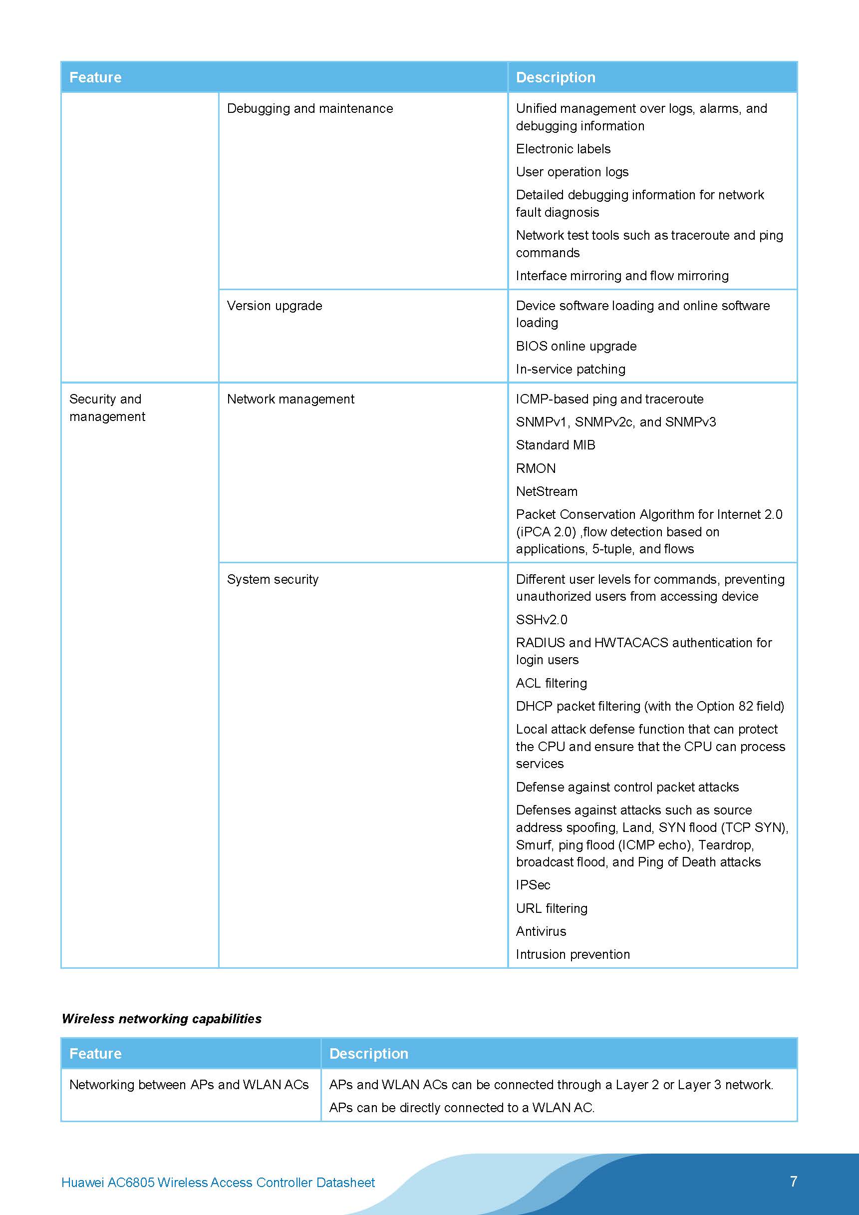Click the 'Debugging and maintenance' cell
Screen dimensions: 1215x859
[309, 108]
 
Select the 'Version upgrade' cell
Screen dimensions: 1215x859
[274, 306]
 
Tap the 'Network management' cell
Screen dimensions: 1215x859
[290, 399]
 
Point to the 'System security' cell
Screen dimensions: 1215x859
[273, 579]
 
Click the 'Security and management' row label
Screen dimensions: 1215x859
[107, 407]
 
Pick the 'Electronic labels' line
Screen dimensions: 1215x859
[563, 149]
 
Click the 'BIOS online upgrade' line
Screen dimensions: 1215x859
[576, 346]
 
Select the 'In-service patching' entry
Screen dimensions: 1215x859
[570, 370]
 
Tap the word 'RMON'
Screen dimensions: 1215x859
[535, 468]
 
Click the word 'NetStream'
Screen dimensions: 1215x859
[547, 491]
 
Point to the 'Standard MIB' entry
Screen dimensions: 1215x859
[556, 445]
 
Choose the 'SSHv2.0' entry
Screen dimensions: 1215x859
[541, 620]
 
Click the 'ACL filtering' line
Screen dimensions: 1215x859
[551, 683]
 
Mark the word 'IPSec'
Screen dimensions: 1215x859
[533, 885]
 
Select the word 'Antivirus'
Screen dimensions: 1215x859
[541, 931]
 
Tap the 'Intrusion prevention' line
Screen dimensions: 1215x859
[573, 954]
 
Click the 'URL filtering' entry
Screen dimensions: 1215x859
[551, 908]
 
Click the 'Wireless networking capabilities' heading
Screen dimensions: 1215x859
[161, 1019]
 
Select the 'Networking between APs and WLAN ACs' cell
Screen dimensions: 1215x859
[189, 1085]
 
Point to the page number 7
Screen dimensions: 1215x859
[794, 1181]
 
